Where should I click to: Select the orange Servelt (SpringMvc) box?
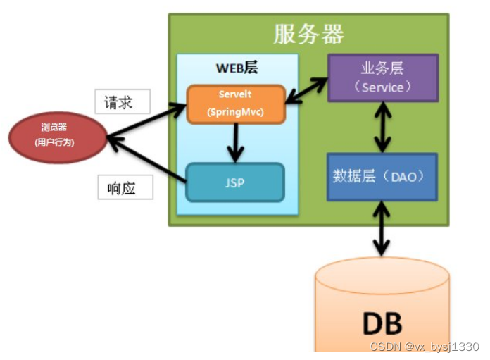(x=236, y=104)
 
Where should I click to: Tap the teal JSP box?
(x=235, y=183)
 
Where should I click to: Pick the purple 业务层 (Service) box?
(x=383, y=78)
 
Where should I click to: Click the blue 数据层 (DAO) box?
(x=383, y=176)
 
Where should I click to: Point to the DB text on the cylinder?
(x=382, y=323)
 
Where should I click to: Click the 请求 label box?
(x=122, y=102)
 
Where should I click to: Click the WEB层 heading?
(x=237, y=69)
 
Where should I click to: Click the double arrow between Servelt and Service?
(x=306, y=89)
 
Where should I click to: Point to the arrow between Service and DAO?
(x=382, y=128)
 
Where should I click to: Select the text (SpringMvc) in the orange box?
(x=236, y=111)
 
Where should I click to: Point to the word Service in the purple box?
(x=382, y=87)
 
